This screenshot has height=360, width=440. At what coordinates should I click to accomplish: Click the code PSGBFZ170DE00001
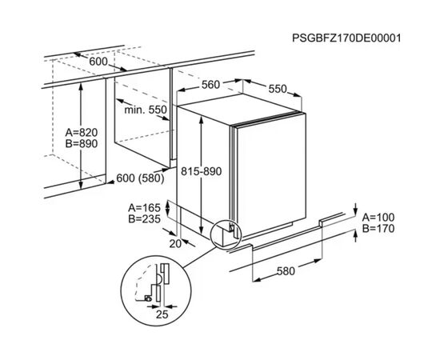[x=346, y=38]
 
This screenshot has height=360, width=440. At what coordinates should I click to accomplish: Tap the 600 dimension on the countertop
[x=98, y=62]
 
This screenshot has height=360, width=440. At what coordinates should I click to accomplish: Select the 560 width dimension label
[x=210, y=85]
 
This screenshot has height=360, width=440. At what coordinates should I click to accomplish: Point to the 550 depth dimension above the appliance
[x=278, y=89]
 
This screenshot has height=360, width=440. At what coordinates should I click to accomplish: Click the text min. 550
[x=146, y=110]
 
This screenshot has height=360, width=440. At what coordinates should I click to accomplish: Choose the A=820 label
[x=82, y=132]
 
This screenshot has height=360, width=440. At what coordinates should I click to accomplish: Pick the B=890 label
[x=82, y=143]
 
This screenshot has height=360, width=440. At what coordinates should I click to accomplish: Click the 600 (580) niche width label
[x=140, y=178]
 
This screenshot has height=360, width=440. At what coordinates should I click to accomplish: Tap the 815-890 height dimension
[x=201, y=171]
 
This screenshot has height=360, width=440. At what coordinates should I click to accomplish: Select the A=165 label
[x=144, y=208]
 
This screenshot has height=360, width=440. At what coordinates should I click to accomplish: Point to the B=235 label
[x=144, y=219]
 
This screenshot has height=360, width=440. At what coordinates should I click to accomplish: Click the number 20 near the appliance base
[x=175, y=244]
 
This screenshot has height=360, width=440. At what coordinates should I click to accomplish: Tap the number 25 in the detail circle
[x=162, y=314]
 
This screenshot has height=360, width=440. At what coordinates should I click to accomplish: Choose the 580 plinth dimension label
[x=286, y=271]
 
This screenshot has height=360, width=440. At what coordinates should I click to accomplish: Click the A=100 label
[x=378, y=217]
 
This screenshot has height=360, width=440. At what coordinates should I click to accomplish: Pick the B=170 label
[x=378, y=229]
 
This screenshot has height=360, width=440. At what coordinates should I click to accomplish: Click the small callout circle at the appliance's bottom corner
[x=226, y=234]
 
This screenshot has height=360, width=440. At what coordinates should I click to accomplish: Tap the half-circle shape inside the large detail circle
[x=158, y=279]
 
